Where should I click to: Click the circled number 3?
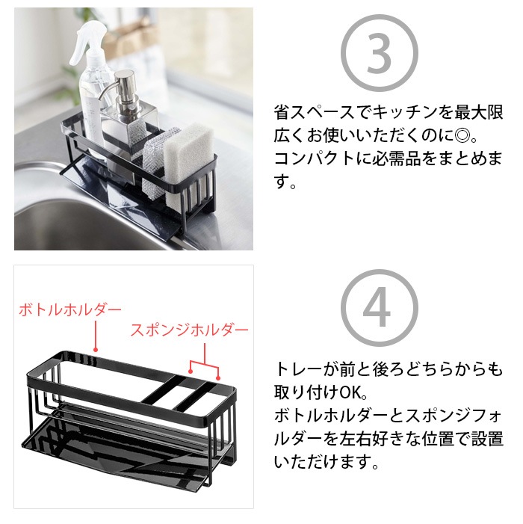[380, 53]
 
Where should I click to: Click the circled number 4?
[380, 308]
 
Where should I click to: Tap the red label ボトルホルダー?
[70, 309]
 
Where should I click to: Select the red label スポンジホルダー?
[189, 330]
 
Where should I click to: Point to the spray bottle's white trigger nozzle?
[87, 42]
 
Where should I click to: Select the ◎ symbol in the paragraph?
[462, 135]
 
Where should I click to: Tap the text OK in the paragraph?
[350, 392]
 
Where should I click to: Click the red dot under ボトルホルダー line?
[96, 350]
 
